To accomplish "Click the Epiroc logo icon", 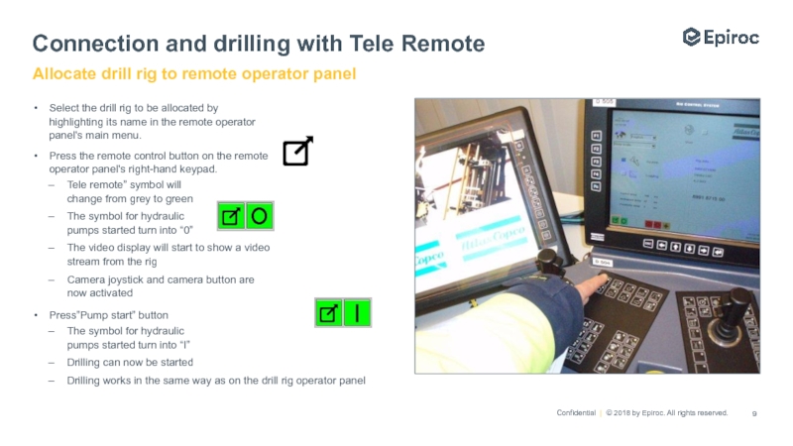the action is click(692, 37).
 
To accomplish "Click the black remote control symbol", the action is click(297, 151).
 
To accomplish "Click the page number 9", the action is click(755, 412).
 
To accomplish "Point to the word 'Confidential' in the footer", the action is click(576, 412).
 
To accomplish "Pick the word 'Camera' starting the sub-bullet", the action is click(86, 279).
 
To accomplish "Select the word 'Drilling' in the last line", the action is click(86, 380).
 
